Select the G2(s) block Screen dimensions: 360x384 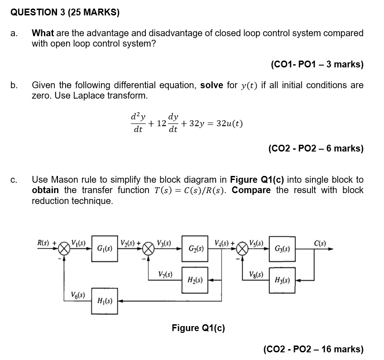tap(196, 249)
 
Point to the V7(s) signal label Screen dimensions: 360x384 tap(165, 274)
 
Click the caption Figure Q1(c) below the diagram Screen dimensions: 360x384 tap(198, 328)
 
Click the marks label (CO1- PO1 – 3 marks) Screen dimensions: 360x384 tap(317, 64)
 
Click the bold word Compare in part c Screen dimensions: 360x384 tap(251, 190)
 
